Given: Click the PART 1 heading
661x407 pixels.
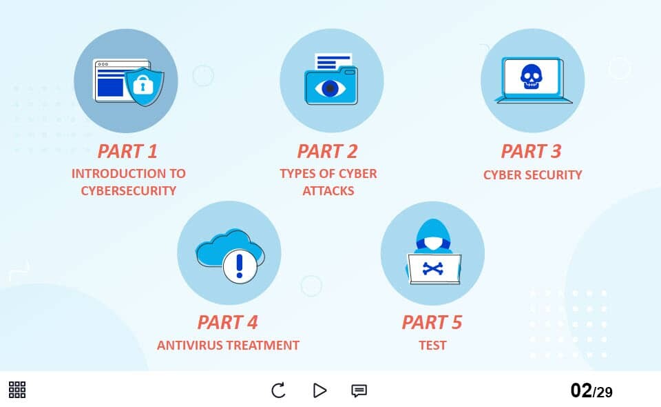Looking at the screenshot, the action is point(127,151).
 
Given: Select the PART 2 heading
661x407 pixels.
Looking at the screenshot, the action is point(328,151).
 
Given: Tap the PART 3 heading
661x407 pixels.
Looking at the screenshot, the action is point(531,151).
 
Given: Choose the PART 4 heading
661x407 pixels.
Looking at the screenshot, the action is point(228,323).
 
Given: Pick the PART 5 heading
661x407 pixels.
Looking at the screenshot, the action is point(432,323).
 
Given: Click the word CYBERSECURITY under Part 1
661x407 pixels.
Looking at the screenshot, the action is point(129,191).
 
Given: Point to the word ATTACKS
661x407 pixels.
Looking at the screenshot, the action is point(328,191).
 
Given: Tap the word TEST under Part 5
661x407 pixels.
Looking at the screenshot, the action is point(432,346).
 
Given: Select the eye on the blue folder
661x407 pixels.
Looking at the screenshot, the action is point(330,88).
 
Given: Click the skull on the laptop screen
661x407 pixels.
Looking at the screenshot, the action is point(531,77).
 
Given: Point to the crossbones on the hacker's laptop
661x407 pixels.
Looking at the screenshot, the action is point(433,268).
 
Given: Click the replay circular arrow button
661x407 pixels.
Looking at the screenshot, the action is point(278,390).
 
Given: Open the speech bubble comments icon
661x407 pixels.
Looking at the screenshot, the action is point(359,390).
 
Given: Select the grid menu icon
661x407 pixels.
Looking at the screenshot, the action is point(17,390).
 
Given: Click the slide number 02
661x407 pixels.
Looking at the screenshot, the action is point(581,390).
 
